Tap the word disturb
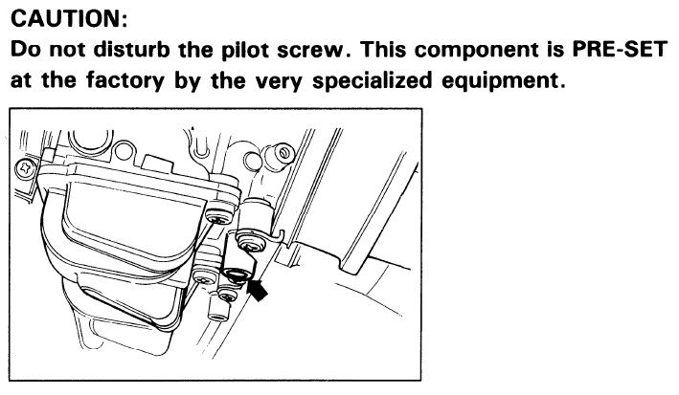point(132,50)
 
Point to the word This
point(383,50)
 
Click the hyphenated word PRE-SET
point(620,50)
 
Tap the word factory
point(125,80)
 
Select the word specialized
point(372,80)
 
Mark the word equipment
point(504,81)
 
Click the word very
point(279,82)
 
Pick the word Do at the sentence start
point(25,50)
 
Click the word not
point(67,51)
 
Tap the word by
point(188,81)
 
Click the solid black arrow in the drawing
point(258,290)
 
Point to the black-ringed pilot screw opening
point(235,274)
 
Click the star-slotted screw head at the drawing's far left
point(26,168)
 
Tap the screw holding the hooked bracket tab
point(250,243)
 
